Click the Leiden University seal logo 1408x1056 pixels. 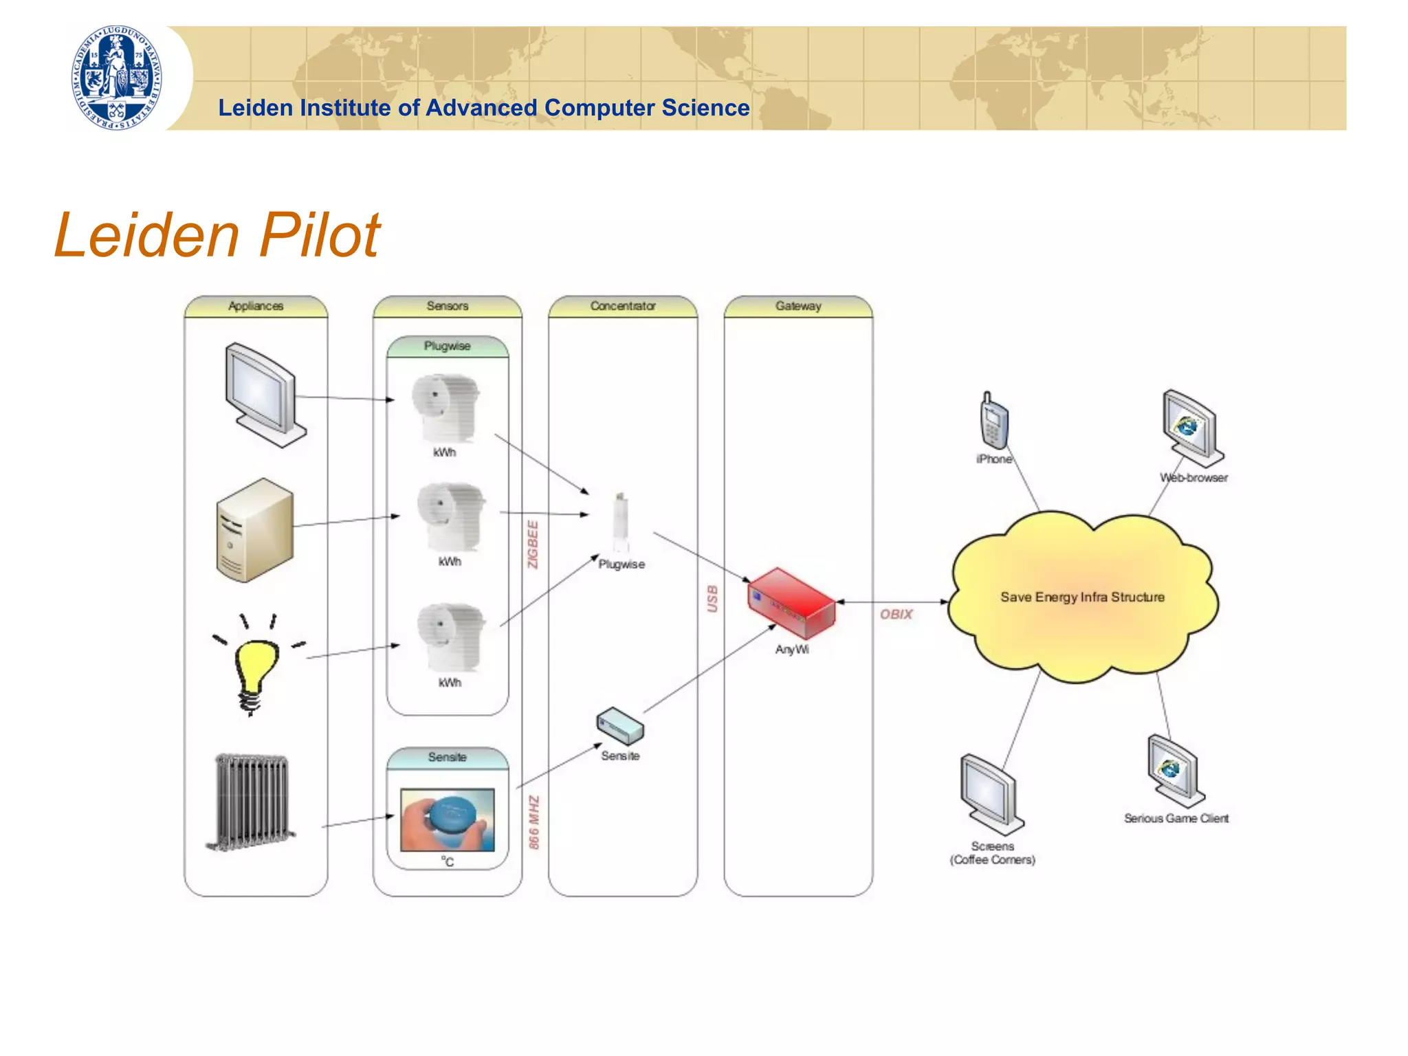117,78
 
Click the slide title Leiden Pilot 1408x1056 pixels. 217,235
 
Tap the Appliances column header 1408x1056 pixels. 256,306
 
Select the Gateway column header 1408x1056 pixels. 798,306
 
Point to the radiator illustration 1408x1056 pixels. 251,802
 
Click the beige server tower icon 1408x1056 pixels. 254,530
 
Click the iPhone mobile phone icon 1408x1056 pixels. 993,421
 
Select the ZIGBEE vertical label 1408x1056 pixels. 533,544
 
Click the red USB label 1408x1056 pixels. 712,599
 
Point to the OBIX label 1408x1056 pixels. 896,614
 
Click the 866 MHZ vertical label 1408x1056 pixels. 534,822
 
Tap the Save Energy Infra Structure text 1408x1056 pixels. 1082,597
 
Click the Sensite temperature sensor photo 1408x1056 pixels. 448,819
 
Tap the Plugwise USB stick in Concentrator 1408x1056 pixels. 621,522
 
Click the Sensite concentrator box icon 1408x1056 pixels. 620,726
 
